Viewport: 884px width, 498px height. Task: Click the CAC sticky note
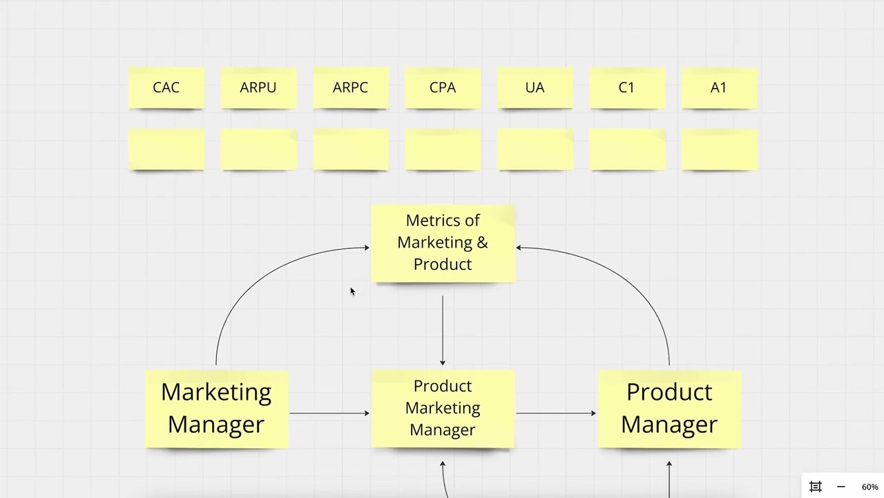click(x=166, y=88)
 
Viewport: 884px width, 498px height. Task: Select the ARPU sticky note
click(x=258, y=88)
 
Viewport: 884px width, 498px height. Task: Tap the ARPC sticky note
click(x=350, y=88)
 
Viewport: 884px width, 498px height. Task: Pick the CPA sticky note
click(x=442, y=88)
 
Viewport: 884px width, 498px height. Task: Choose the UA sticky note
click(x=535, y=88)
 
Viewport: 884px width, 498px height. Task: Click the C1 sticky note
click(x=626, y=88)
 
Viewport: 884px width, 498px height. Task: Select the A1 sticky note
click(x=718, y=88)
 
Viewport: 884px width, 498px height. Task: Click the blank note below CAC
click(x=166, y=149)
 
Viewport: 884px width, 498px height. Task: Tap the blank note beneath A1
click(x=718, y=149)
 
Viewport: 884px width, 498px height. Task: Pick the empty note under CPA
click(x=442, y=149)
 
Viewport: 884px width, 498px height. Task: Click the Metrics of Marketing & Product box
click(x=443, y=243)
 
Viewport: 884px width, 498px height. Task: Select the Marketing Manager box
click(x=216, y=408)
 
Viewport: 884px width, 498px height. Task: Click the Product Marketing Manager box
click(x=443, y=408)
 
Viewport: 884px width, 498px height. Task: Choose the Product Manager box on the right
click(x=669, y=408)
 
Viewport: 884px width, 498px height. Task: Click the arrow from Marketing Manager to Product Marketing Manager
click(x=329, y=414)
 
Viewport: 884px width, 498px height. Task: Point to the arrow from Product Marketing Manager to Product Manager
click(x=555, y=414)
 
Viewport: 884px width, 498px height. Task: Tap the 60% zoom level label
click(x=869, y=487)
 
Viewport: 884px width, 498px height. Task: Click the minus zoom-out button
click(x=840, y=487)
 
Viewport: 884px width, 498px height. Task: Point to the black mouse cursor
click(x=352, y=292)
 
